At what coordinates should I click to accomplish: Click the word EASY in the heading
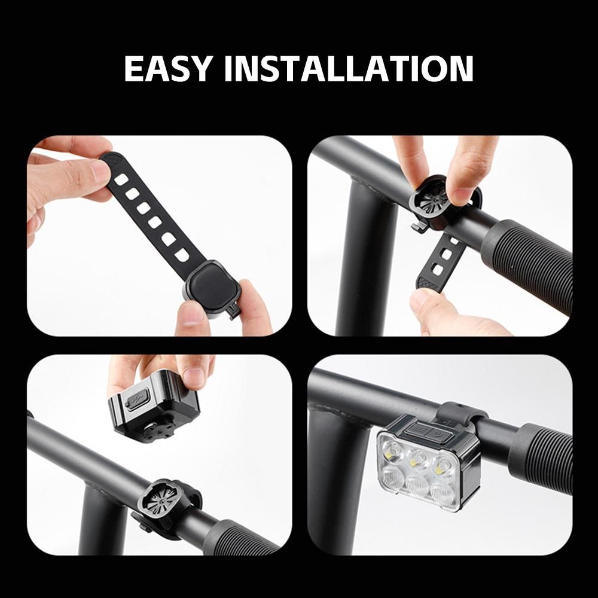tap(168, 69)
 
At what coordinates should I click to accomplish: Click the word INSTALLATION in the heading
tap(349, 69)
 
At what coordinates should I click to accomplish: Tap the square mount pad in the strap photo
tap(212, 283)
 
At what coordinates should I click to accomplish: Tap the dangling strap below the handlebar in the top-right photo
tap(443, 263)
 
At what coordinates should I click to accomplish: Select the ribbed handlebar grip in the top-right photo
tap(528, 263)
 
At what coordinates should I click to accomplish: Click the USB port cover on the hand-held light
tap(136, 399)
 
